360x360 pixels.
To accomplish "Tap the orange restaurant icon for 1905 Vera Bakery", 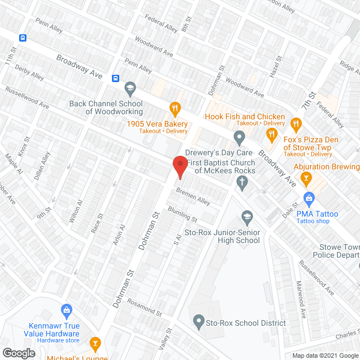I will point(175,107).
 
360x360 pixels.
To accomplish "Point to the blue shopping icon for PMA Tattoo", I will point(309,198).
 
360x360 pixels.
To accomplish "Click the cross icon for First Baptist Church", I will point(242,181).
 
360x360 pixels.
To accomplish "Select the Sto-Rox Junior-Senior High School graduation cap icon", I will point(247,216).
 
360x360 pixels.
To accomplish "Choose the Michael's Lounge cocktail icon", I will point(96,343).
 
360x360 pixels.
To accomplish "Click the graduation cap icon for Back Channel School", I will point(130,88).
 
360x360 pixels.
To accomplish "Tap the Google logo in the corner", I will point(18,353).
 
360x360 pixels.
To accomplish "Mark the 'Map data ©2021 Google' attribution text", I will point(321,355).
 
